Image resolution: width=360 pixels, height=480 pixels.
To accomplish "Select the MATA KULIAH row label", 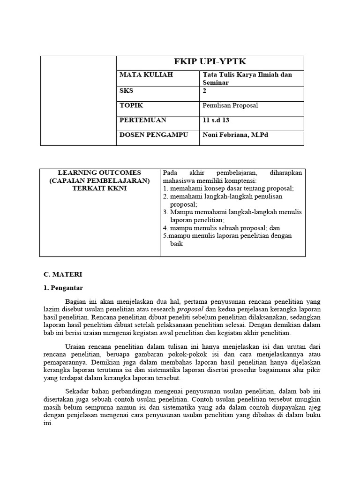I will click(x=140, y=75).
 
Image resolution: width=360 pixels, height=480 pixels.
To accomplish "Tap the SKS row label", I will click(x=127, y=91).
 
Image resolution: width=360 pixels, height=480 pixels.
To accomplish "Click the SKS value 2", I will click(x=204, y=91).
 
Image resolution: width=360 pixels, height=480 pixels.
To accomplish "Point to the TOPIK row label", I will click(x=131, y=105).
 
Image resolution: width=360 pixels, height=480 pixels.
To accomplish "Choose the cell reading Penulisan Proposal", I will click(x=230, y=105).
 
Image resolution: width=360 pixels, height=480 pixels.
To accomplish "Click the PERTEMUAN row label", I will click(x=142, y=120).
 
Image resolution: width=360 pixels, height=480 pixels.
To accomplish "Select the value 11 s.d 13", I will click(x=216, y=120).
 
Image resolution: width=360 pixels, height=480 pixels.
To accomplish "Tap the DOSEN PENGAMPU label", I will click(x=154, y=135).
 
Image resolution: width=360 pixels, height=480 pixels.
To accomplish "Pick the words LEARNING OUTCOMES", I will click(x=99, y=173).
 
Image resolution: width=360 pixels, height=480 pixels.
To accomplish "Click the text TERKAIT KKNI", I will click(x=99, y=188).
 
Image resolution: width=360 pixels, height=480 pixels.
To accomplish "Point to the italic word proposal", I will click(x=190, y=309).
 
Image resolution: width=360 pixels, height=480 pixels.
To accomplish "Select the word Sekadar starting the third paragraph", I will click(x=78, y=391).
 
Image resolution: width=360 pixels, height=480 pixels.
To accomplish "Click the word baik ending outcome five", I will click(x=176, y=244).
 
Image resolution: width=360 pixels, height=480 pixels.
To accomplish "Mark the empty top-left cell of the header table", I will click(x=78, y=100).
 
